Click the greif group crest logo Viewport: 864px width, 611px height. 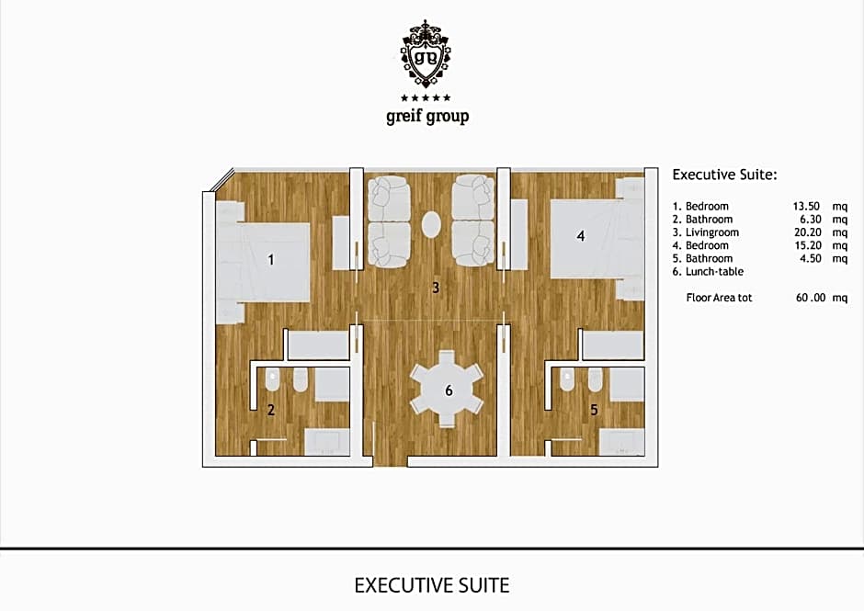pos(426,53)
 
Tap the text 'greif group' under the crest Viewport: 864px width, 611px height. pos(426,117)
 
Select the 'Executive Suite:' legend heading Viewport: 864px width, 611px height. pos(725,174)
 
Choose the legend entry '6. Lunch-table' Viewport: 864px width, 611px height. pos(708,272)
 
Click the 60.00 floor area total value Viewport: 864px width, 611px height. pos(808,298)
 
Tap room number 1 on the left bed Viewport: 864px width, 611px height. pos(270,260)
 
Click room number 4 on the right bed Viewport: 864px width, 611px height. pos(580,236)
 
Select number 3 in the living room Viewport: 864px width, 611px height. pos(436,288)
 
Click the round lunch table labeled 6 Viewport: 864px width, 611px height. pos(448,390)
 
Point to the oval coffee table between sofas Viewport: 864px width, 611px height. pos(431,223)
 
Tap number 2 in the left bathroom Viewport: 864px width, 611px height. pos(271,410)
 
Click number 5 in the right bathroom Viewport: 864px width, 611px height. pos(594,410)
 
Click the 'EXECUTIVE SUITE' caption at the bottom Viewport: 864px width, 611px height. pos(431,585)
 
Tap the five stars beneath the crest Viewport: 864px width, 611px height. pos(426,97)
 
